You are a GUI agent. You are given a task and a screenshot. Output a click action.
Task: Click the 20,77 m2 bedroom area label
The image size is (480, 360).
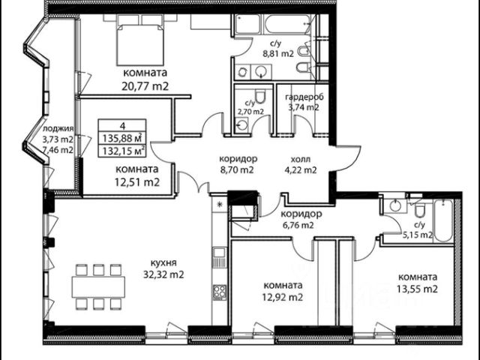click(145, 86)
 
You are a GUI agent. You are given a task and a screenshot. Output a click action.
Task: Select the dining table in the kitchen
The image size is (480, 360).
click(98, 286)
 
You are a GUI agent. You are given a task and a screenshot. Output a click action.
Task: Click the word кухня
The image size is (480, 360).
click(163, 262)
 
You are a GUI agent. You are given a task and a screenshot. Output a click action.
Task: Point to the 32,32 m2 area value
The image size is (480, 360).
click(163, 274)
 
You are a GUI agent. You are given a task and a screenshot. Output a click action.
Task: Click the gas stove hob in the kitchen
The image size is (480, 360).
click(220, 292)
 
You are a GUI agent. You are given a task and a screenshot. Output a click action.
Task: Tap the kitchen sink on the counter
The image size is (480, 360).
click(220, 257)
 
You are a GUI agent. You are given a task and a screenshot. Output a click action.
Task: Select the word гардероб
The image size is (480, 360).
click(304, 97)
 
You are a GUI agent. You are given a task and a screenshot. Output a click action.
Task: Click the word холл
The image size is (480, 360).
click(301, 159)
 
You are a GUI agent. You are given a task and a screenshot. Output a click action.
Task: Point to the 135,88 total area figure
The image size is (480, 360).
click(121, 138)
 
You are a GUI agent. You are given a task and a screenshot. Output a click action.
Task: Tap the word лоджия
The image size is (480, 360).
click(58, 129)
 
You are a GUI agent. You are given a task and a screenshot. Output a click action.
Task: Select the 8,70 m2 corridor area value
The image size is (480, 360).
click(237, 170)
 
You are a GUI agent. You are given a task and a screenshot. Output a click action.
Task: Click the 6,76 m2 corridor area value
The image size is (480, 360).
click(298, 226)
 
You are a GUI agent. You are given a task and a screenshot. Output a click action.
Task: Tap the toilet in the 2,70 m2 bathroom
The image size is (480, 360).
click(260, 96)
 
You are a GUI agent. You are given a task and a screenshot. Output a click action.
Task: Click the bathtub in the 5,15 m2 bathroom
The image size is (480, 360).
click(443, 220)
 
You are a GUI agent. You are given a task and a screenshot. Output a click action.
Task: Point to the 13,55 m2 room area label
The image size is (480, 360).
click(417, 289)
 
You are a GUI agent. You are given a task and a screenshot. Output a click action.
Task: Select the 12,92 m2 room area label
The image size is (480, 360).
click(283, 297)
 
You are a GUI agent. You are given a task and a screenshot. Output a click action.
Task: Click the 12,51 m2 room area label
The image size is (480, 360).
click(136, 182)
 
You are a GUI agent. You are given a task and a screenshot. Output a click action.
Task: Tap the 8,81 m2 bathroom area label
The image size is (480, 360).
click(278, 54)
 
